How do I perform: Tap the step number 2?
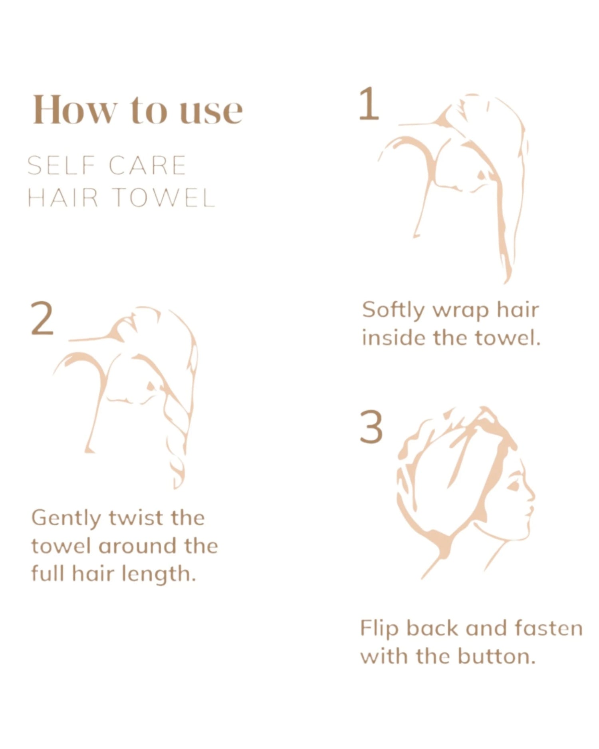[x=42, y=319]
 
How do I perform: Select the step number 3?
[x=371, y=427]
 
